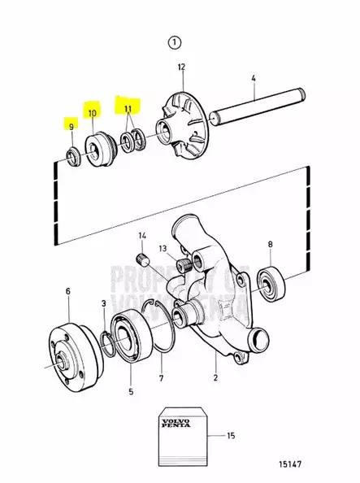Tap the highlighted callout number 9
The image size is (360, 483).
click(x=72, y=126)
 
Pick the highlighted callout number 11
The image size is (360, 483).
click(x=127, y=107)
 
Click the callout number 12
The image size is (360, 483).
click(x=181, y=67)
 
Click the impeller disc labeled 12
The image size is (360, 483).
click(x=181, y=125)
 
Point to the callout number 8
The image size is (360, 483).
click(x=270, y=244)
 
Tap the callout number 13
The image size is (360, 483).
click(x=162, y=249)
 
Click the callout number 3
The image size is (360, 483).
click(x=103, y=303)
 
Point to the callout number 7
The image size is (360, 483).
click(x=161, y=379)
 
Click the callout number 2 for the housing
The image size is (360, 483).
click(x=215, y=378)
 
